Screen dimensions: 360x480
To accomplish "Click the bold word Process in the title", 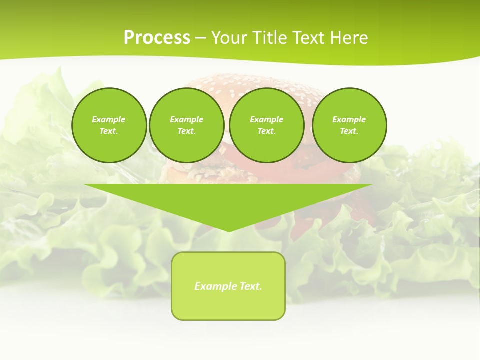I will tap(157, 38).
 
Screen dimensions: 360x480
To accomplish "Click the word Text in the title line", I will tap(309, 38).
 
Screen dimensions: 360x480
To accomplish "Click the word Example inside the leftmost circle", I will tap(109, 119).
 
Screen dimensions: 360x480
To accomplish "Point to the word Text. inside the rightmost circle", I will tap(349, 131).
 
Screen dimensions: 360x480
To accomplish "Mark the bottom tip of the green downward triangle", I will tap(229, 231).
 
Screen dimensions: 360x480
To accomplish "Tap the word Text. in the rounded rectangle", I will tap(251, 286).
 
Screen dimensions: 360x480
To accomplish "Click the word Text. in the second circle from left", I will tap(187, 131).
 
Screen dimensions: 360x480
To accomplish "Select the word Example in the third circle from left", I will tap(267, 119).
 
